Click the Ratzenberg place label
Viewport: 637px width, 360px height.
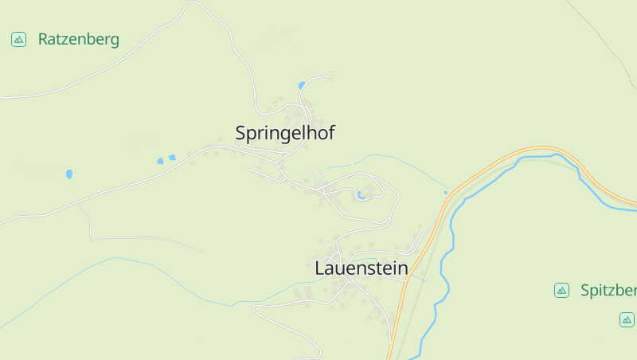coord(78,39)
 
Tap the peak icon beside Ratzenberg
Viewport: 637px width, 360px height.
coord(18,39)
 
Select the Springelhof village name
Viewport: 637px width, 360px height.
coord(284,134)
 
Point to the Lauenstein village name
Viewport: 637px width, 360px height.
coord(361,268)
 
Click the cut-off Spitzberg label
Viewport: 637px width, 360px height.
coord(608,290)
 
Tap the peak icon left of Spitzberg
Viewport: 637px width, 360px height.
coord(561,290)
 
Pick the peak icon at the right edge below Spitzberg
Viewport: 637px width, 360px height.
coord(627,319)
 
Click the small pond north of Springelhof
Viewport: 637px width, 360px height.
coord(301,85)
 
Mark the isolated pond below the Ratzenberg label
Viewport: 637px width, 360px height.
coord(69,173)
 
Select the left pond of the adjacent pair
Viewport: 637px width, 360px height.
coord(160,161)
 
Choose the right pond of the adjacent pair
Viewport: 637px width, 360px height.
coord(172,158)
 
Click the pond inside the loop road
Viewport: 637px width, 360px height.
coord(362,194)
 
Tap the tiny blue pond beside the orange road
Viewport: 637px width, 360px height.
coord(446,192)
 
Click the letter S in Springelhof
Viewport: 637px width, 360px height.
coord(241,134)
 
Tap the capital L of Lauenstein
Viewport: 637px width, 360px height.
coord(320,268)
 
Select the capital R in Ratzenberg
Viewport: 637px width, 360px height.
coord(44,39)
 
